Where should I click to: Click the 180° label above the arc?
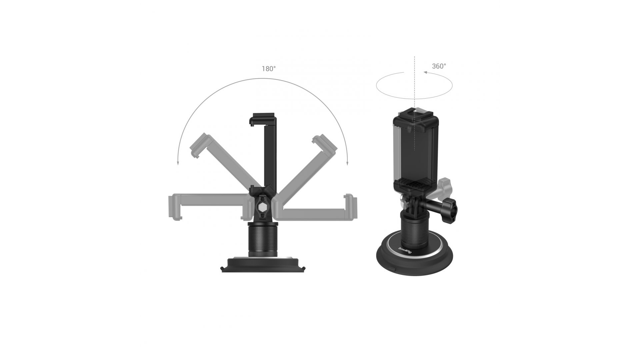click(269, 69)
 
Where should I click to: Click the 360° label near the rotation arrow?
click(439, 66)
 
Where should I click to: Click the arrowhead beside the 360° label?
click(425, 71)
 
